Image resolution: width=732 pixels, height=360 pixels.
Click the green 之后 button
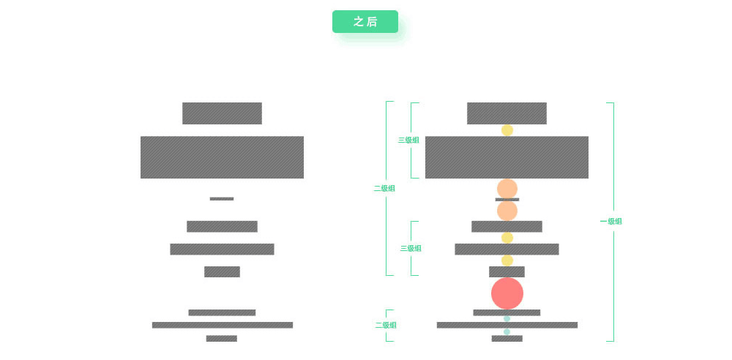365,22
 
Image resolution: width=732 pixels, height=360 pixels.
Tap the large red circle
507,293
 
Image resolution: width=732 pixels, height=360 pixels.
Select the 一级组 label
610,221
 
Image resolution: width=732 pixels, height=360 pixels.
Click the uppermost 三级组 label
408,140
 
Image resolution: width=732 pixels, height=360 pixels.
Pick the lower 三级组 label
411,248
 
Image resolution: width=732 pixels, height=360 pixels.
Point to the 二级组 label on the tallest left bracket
384,188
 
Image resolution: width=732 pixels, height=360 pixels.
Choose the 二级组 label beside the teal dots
386,325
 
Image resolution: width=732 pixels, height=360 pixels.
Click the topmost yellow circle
507,130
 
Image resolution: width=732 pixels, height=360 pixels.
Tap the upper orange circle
507,189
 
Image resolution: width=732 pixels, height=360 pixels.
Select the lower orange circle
507,211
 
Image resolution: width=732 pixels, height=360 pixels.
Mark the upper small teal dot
507,318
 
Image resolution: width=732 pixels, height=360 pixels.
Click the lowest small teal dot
507,331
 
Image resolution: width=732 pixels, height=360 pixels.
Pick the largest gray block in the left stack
222,157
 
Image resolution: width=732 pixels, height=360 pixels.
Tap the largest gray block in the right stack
507,157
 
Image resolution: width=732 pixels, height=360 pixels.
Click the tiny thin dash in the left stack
222,198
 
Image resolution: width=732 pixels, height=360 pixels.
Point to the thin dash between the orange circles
507,199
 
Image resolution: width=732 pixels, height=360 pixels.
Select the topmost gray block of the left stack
222,113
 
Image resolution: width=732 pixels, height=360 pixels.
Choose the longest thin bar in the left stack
222,325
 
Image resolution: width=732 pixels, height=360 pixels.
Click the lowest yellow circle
507,260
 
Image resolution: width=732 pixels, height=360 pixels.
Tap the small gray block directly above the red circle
507,271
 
